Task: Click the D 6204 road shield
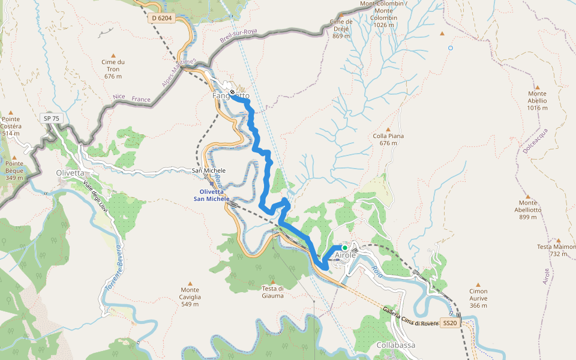tap(162, 19)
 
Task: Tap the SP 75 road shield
tap(52, 118)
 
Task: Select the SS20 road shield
tap(450, 323)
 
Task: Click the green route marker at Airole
tap(345, 247)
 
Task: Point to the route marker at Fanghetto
tap(232, 92)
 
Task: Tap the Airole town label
tap(345, 255)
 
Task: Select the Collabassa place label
tap(397, 346)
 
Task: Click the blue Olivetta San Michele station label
tap(211, 195)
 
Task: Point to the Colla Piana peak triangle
tap(388, 129)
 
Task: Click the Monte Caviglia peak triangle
tap(191, 283)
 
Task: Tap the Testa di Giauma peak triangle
tap(273, 282)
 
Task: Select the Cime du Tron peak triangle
tap(113, 55)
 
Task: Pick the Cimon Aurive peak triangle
tap(478, 283)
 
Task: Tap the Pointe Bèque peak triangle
tap(14, 155)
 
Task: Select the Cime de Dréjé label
tap(341, 28)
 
